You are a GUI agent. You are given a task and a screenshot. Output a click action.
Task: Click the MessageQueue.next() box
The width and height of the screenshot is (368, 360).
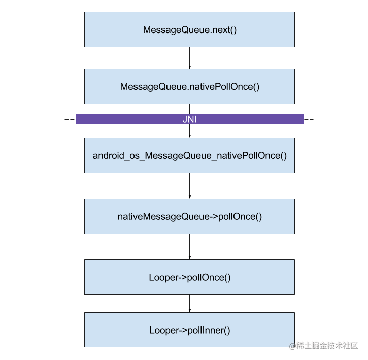[189, 29]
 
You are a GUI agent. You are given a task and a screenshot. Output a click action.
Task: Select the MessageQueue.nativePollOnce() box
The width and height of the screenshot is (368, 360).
[189, 86]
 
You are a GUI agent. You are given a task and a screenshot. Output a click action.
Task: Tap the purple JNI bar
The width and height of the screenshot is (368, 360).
[189, 119]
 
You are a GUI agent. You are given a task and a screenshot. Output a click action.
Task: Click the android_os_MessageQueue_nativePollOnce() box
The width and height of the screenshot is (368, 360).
[189, 155]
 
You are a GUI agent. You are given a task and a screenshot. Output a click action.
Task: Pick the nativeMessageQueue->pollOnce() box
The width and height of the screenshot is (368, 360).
[189, 216]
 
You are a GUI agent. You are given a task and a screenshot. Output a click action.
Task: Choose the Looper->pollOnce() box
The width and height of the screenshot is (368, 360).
[189, 277]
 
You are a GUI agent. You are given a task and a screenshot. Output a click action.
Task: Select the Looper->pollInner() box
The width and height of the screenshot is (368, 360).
[189, 330]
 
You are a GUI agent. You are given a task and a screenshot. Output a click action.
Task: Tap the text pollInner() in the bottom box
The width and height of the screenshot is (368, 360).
[209, 331]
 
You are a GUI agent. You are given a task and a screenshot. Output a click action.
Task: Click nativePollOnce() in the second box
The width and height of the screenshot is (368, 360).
[224, 87]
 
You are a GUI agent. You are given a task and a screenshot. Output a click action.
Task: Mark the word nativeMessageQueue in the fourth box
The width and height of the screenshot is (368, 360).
[163, 217]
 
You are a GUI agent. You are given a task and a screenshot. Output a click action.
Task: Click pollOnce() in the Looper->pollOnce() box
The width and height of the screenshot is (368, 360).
[209, 278]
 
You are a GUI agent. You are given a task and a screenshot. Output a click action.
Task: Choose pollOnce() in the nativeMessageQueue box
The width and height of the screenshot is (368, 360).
[240, 217]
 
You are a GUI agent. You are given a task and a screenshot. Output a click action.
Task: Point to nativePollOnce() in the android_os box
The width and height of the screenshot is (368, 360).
[252, 156]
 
